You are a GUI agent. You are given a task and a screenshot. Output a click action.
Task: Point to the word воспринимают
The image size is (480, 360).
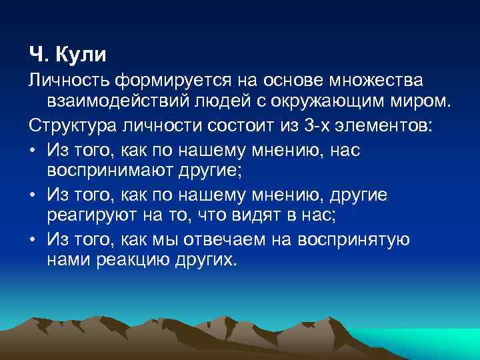(x=111, y=171)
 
